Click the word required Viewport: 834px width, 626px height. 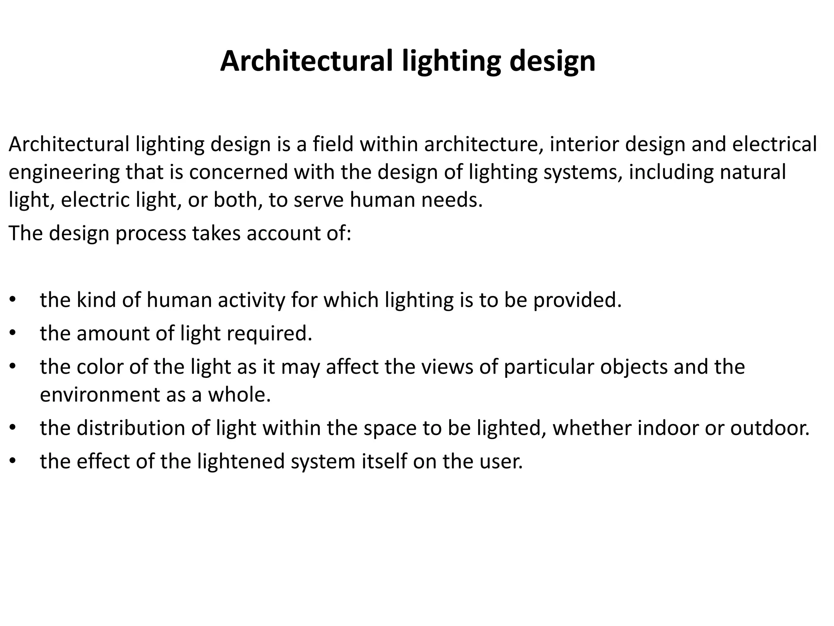tap(269, 334)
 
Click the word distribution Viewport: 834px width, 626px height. tap(143, 428)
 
